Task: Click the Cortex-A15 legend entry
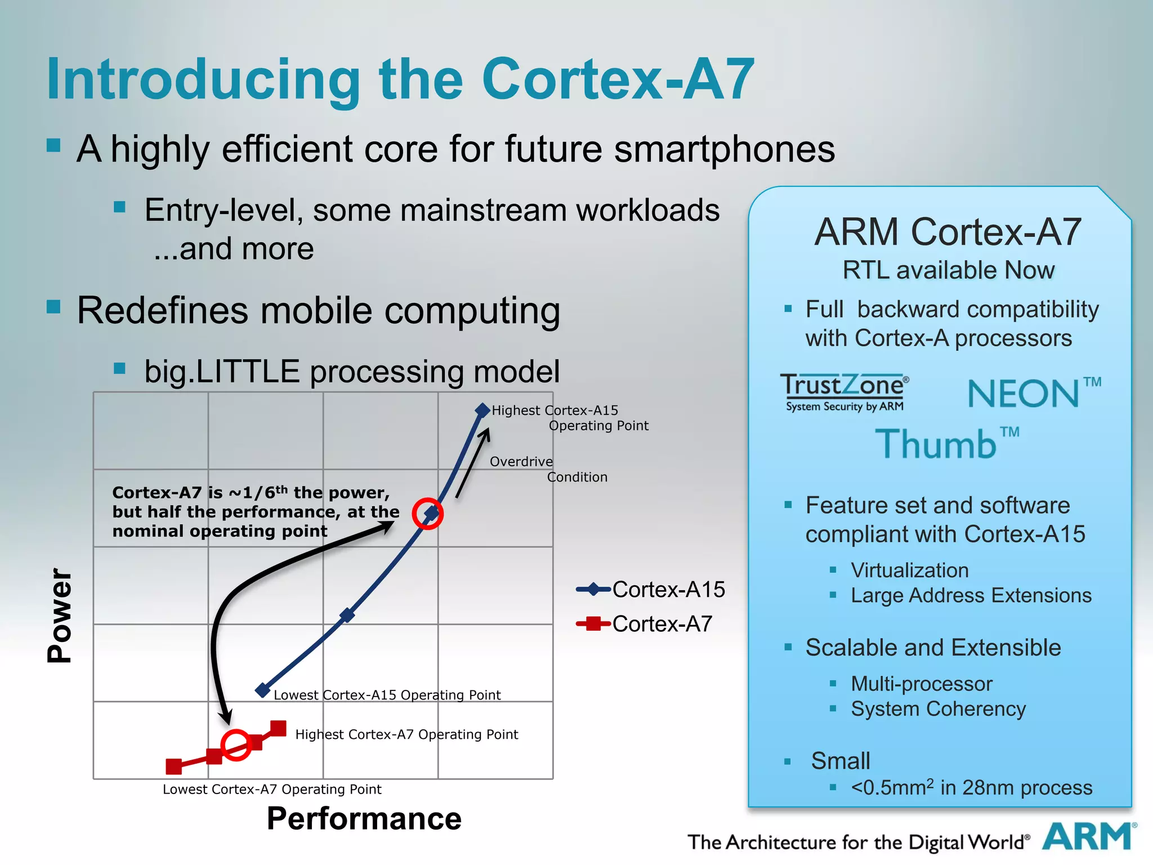point(651,590)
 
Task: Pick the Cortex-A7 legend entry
point(645,624)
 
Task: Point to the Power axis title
point(60,615)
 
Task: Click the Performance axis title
point(364,818)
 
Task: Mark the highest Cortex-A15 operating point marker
point(482,410)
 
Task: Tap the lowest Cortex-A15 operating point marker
point(262,690)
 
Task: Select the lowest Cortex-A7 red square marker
point(174,766)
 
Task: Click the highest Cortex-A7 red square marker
point(278,728)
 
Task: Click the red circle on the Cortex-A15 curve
point(428,514)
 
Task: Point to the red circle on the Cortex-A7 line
point(235,745)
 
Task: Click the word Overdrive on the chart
point(521,462)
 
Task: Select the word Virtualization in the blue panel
point(909,570)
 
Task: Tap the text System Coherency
point(938,708)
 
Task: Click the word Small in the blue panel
point(840,761)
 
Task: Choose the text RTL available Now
point(948,270)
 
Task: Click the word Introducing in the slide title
point(203,79)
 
